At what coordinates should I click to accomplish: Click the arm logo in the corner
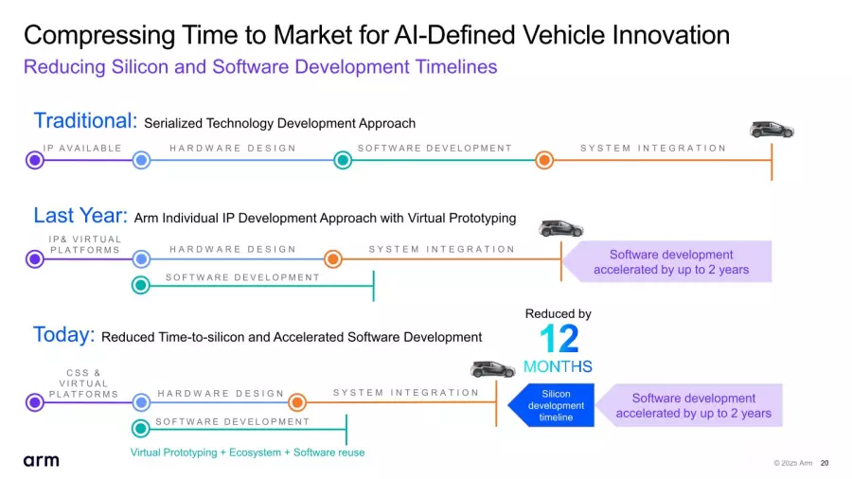(x=41, y=460)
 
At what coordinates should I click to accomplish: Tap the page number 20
(x=825, y=463)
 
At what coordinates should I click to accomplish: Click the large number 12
(x=559, y=340)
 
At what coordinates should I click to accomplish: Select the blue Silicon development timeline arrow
(x=551, y=406)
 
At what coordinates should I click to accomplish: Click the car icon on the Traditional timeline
(x=772, y=130)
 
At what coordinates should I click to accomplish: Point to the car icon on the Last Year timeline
(x=560, y=229)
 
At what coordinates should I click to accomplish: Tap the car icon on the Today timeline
(x=493, y=369)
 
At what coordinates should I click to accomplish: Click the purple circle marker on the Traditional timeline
(x=35, y=160)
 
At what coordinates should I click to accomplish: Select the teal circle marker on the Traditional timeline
(x=343, y=160)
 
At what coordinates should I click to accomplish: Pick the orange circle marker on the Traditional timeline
(x=544, y=160)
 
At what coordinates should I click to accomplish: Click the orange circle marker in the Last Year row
(x=333, y=259)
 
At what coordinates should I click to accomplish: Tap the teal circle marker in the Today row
(x=141, y=429)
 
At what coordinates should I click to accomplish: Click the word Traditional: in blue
(x=85, y=120)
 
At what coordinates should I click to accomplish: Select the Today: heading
(x=63, y=334)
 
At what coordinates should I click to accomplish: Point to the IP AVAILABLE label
(x=82, y=149)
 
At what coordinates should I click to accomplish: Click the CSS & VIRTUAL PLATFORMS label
(x=83, y=383)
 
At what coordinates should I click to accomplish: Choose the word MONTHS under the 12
(x=558, y=366)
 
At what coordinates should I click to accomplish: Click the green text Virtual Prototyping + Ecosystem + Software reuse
(x=247, y=452)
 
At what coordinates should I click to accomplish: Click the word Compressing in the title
(x=99, y=36)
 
